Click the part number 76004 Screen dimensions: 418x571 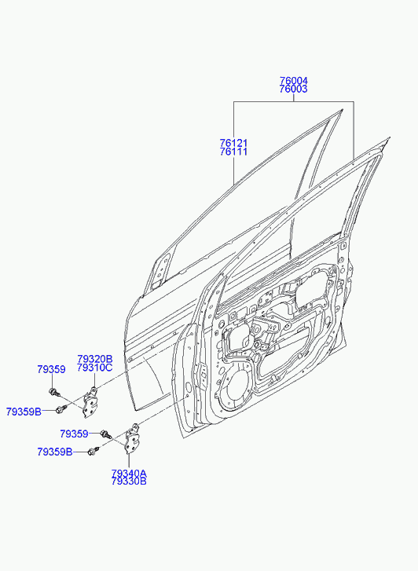click(x=294, y=80)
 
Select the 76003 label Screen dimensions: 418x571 click(x=294, y=90)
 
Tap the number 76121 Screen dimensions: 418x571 click(x=233, y=143)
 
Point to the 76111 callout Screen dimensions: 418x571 click(x=233, y=152)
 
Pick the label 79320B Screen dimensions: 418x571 click(x=95, y=359)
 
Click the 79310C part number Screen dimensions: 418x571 click(x=95, y=368)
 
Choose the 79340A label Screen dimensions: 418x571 click(x=129, y=474)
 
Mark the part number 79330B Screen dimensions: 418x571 click(x=129, y=481)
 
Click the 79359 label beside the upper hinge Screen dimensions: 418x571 click(x=51, y=370)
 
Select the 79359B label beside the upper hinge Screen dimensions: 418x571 click(x=24, y=412)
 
